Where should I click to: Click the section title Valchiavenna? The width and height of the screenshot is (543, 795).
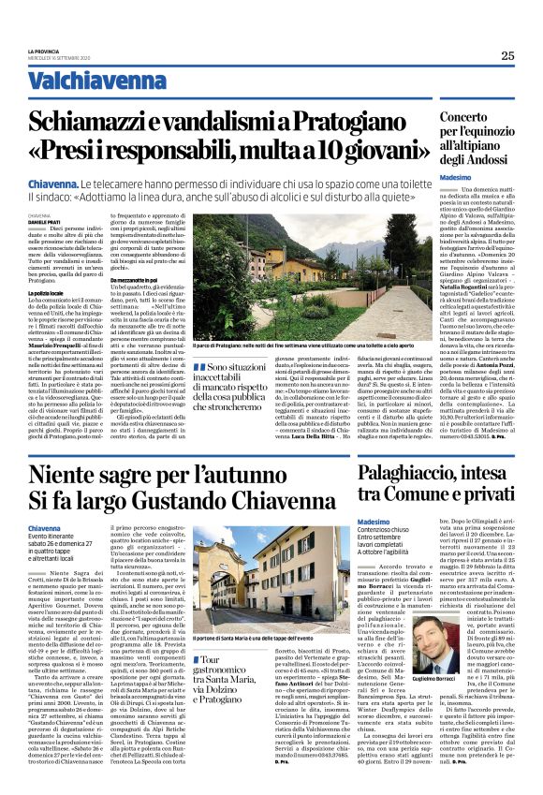point(81,81)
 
